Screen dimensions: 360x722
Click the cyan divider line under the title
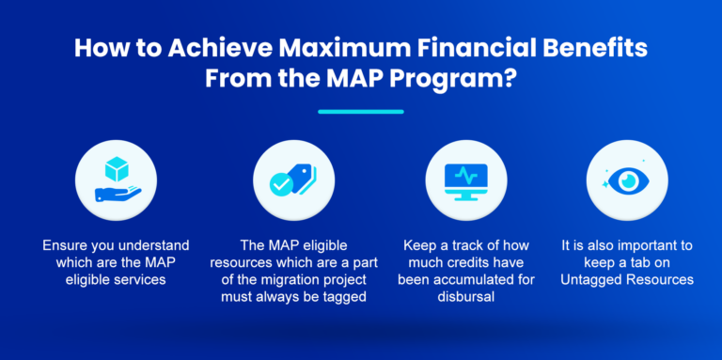coord(360,112)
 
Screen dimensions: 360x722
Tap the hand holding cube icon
coord(118,180)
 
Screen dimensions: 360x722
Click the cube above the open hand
coord(118,167)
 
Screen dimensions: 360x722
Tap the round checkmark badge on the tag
coord(281,184)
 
